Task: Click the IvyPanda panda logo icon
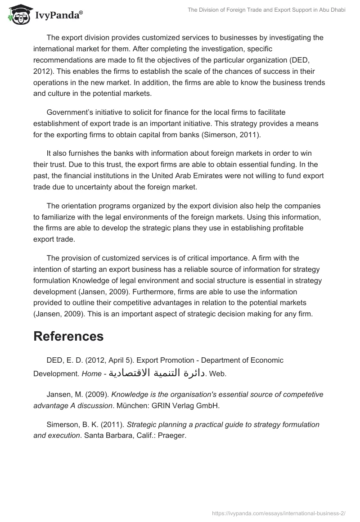17,15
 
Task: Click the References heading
68,336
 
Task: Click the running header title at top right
265,10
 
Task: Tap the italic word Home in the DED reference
91,374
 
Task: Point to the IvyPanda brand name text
58,16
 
